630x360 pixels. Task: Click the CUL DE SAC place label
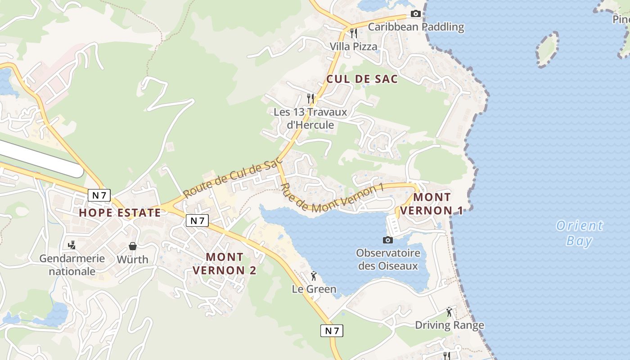pyautogui.click(x=362, y=79)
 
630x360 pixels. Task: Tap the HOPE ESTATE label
pyautogui.click(x=120, y=212)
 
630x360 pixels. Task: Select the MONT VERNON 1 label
pyautogui.click(x=432, y=203)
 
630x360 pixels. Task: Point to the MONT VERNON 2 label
pyautogui.click(x=225, y=264)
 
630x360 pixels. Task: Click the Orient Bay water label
pyautogui.click(x=579, y=233)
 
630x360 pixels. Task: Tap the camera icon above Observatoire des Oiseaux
pyautogui.click(x=387, y=240)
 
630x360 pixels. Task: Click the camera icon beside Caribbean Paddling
pyautogui.click(x=416, y=14)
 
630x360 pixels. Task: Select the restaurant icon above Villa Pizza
pyautogui.click(x=353, y=33)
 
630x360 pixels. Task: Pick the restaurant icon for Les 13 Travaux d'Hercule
pyautogui.click(x=310, y=98)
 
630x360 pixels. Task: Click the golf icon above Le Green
pyautogui.click(x=314, y=275)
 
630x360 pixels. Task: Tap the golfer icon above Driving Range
pyautogui.click(x=449, y=311)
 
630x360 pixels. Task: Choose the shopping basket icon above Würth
pyautogui.click(x=133, y=246)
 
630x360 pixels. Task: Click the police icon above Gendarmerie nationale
pyautogui.click(x=71, y=245)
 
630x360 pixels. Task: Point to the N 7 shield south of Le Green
pyautogui.click(x=332, y=331)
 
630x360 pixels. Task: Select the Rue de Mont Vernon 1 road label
pyautogui.click(x=332, y=198)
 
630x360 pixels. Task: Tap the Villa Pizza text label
pyautogui.click(x=353, y=46)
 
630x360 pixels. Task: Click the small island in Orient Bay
pyautogui.click(x=547, y=49)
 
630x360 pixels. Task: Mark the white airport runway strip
pyautogui.click(x=40, y=157)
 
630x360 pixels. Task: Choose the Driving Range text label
pyautogui.click(x=449, y=325)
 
